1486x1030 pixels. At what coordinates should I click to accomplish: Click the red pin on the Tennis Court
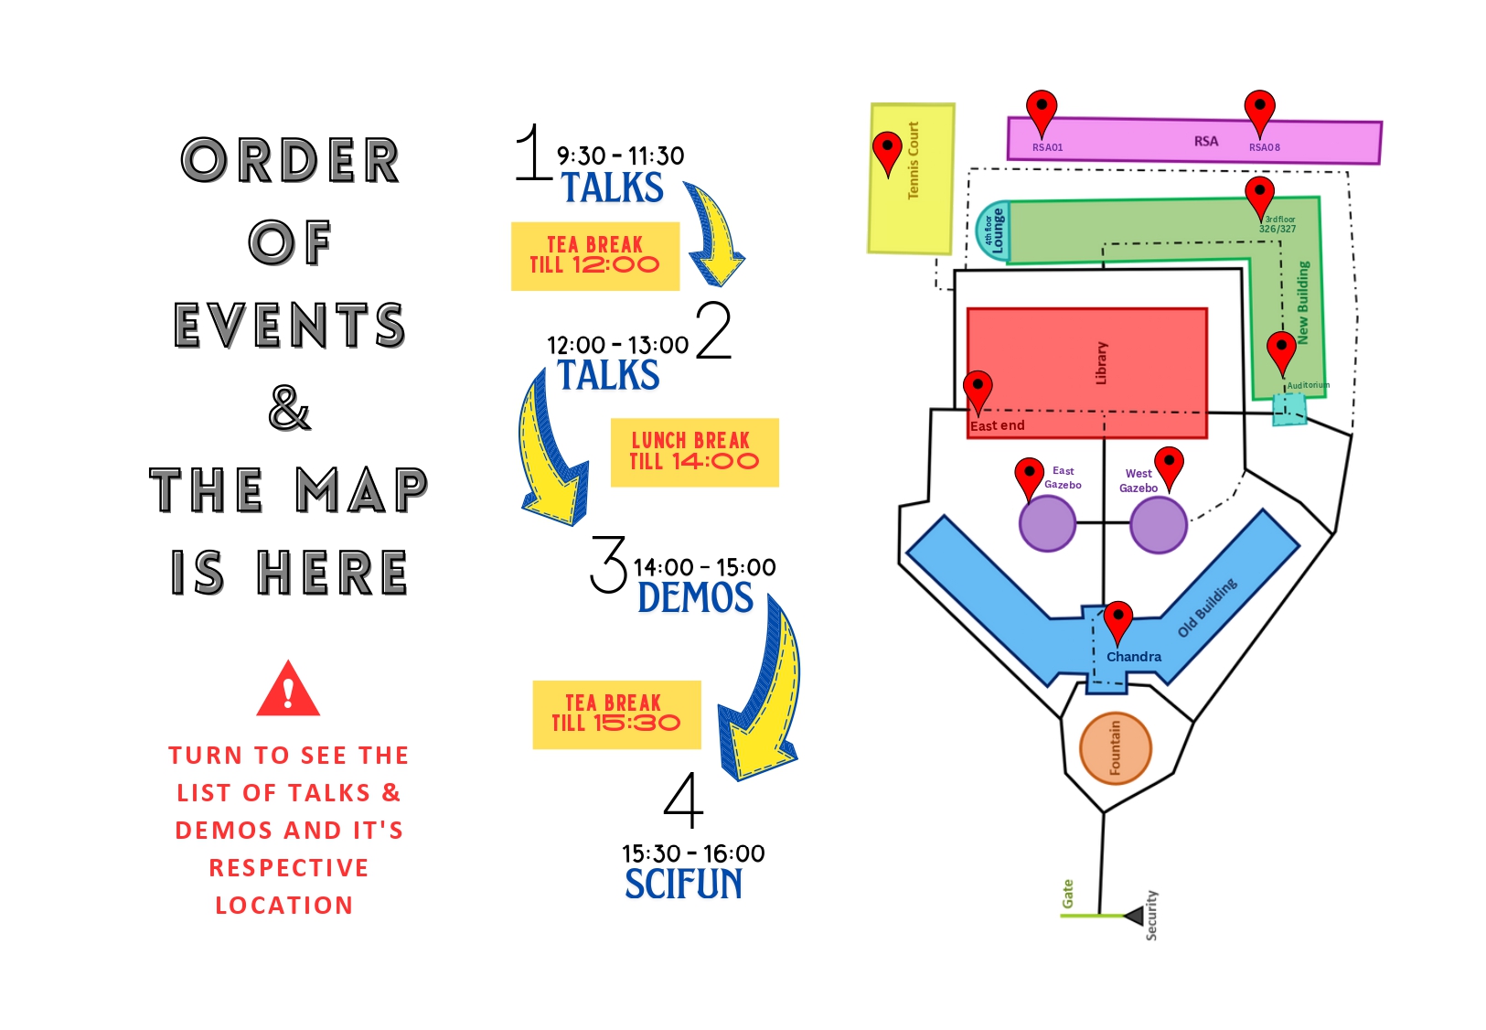888,151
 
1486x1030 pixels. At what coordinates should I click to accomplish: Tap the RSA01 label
1047,147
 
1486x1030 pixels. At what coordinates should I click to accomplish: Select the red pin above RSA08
1260,112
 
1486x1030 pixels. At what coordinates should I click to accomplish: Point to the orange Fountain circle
1115,748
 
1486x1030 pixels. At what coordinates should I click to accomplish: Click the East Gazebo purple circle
1047,523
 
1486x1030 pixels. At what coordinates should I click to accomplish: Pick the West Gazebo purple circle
1159,525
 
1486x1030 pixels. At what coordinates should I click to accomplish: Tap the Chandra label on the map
1134,657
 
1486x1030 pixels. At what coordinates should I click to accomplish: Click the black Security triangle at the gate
1135,917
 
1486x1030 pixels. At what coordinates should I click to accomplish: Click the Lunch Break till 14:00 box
695,453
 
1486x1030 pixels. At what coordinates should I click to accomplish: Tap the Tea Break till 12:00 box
595,256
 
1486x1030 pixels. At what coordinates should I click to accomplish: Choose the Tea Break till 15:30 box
617,714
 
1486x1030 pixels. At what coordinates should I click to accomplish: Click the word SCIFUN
683,884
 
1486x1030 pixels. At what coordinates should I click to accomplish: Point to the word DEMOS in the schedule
695,597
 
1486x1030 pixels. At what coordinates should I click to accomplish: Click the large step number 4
683,799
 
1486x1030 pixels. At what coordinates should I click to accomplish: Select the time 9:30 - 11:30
620,156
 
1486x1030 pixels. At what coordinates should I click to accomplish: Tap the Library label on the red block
1101,363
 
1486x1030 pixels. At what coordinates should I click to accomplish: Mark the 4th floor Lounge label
993,231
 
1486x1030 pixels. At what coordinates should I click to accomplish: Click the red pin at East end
978,392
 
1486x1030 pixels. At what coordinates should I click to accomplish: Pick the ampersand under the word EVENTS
289,408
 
